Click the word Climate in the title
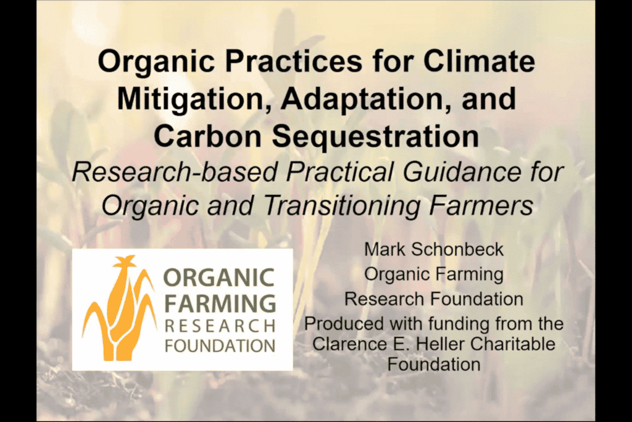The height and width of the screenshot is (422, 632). coord(479,61)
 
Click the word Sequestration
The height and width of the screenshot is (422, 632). coord(375,136)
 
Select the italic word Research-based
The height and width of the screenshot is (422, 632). coord(175,172)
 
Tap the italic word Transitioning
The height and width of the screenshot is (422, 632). coord(342,205)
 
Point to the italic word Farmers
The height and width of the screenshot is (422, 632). coord(481,205)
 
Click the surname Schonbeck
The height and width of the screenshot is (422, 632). coord(457,249)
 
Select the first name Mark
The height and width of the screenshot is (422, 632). coord(385,249)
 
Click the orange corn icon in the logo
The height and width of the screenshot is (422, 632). coord(119,308)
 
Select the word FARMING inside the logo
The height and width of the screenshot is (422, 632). coord(220,304)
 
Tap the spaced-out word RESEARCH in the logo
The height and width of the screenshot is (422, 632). coord(220,326)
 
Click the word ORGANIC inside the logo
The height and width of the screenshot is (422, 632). coord(219,278)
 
